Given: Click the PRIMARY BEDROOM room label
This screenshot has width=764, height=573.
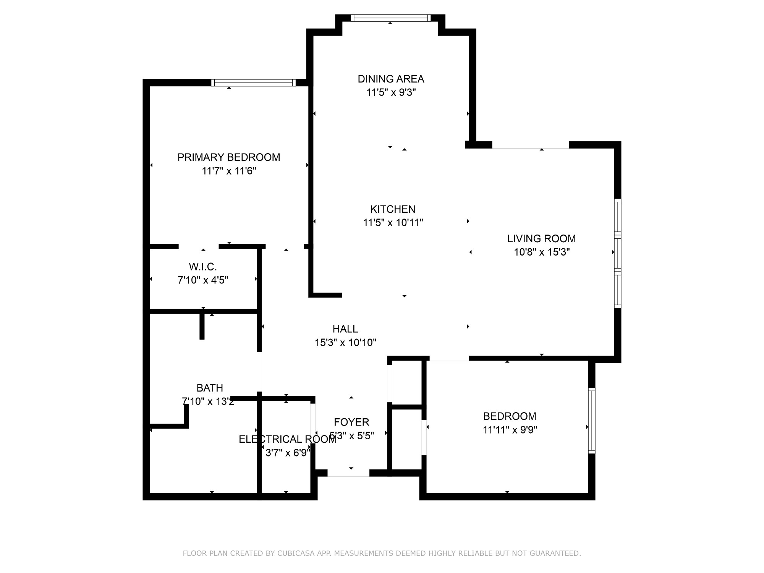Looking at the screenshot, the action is pos(228,157).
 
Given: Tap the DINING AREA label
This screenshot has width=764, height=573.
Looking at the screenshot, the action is pos(391,79).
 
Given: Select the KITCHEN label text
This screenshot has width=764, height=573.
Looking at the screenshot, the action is pos(393,209).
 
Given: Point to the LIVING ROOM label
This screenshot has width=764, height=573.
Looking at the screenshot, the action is pos(541,239).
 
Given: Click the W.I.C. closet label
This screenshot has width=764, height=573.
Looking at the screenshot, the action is pos(203,267).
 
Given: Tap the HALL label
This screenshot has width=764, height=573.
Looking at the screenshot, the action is pos(345,329).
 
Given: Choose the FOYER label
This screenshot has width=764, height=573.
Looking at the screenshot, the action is pos(351,422).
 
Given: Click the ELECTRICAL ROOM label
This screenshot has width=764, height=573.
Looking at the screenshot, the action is pos(288,439).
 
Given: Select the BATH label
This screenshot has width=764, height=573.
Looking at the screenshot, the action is pos(210,388).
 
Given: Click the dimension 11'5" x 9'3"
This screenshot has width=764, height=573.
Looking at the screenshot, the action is pos(391,92).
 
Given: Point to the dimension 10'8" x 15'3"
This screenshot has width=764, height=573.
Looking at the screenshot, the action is pos(542,252).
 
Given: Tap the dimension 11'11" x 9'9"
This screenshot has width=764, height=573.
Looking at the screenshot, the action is pos(510,430).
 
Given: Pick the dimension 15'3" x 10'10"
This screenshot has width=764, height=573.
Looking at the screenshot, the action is pos(345,343).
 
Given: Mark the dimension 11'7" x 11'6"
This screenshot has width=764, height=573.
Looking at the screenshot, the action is pos(229,171).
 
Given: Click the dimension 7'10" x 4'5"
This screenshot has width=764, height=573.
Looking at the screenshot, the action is pos(203,280).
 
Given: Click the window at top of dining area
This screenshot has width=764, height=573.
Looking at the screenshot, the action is pos(390,18).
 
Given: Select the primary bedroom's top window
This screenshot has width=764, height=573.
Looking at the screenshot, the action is pos(253,83).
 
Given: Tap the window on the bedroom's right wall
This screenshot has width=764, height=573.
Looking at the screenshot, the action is pos(592,421).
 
